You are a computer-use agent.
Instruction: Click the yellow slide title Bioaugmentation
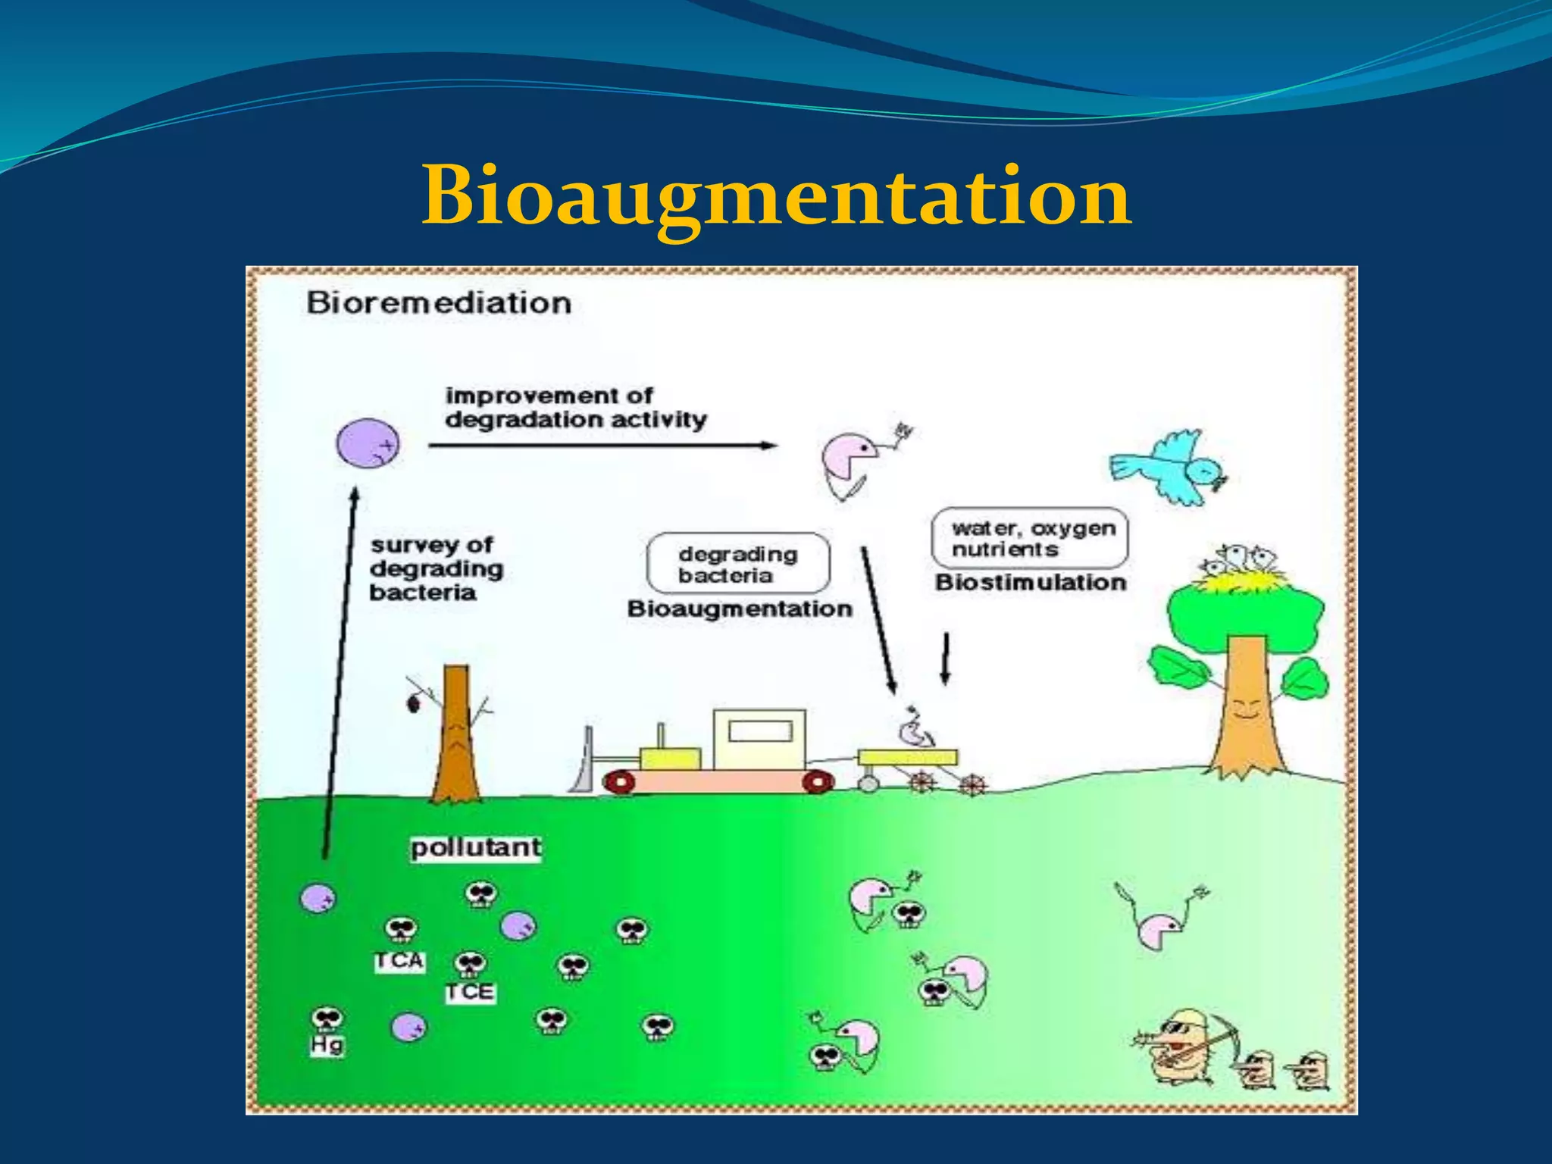(x=776, y=197)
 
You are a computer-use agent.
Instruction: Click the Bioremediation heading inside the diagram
(x=439, y=303)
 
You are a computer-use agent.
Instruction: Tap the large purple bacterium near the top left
(x=368, y=443)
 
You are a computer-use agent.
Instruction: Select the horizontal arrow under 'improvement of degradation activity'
(x=602, y=446)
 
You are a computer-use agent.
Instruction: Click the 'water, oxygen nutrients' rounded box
(x=1029, y=538)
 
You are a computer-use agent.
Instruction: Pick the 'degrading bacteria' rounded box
(x=737, y=564)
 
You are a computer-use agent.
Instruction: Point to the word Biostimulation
(x=1031, y=583)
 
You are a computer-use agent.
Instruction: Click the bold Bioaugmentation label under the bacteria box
(x=740, y=609)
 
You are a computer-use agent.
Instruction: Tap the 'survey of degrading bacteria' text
(x=435, y=568)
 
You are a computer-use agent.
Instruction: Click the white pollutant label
(x=476, y=847)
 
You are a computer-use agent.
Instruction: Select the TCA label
(x=399, y=961)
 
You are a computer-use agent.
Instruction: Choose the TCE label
(x=470, y=992)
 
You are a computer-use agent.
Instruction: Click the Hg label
(x=327, y=1046)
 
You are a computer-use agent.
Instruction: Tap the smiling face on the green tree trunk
(x=1245, y=711)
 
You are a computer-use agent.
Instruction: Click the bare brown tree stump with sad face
(x=456, y=735)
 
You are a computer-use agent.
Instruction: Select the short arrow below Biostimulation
(x=945, y=659)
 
